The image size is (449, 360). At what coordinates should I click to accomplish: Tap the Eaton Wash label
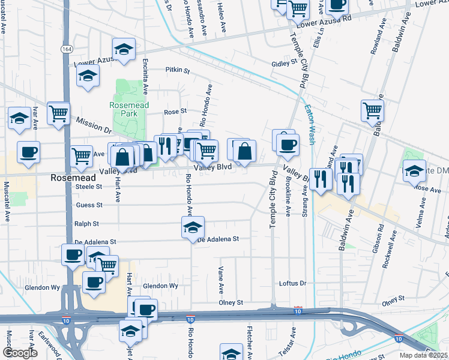(310, 124)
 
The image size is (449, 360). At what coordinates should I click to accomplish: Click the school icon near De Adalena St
(193, 228)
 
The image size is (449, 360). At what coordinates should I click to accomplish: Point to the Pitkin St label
(178, 70)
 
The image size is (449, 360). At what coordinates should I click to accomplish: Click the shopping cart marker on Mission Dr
(58, 113)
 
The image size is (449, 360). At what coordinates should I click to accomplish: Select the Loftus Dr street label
(293, 283)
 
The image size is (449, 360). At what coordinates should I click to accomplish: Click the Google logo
(19, 353)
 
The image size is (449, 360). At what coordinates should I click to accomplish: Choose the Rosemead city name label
(72, 178)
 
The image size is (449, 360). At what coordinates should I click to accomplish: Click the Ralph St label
(86, 223)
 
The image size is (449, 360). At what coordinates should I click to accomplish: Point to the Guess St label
(89, 205)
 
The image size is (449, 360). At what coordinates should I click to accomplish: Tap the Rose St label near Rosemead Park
(175, 111)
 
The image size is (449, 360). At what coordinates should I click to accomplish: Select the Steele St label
(90, 187)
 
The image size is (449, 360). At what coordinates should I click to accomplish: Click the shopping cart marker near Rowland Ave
(372, 110)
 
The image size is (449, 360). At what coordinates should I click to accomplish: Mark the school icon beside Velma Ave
(414, 171)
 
